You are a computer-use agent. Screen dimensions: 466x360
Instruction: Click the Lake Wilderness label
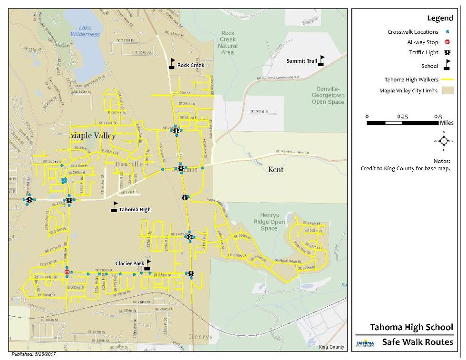pos(85,30)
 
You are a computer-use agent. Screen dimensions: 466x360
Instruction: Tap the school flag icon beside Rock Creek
pos(171,63)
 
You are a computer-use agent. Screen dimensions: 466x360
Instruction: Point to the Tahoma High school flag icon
pos(114,207)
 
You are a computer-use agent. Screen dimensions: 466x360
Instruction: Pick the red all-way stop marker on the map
pos(68,272)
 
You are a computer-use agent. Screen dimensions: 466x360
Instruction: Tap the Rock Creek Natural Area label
pos(228,42)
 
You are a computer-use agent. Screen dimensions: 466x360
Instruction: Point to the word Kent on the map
pos(276,169)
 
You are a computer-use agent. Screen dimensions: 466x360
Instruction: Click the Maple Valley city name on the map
pos(93,136)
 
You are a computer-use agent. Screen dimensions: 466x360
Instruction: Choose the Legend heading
pos(440,18)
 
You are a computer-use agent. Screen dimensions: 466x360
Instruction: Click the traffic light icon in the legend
pos(447,53)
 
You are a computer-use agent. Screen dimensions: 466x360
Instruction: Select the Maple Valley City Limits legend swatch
pos(447,90)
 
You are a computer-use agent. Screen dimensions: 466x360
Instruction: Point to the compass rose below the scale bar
pos(443,141)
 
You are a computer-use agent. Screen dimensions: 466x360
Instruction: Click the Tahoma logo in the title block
pos(365,342)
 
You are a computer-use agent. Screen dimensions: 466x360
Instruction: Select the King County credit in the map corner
pos(331,347)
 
